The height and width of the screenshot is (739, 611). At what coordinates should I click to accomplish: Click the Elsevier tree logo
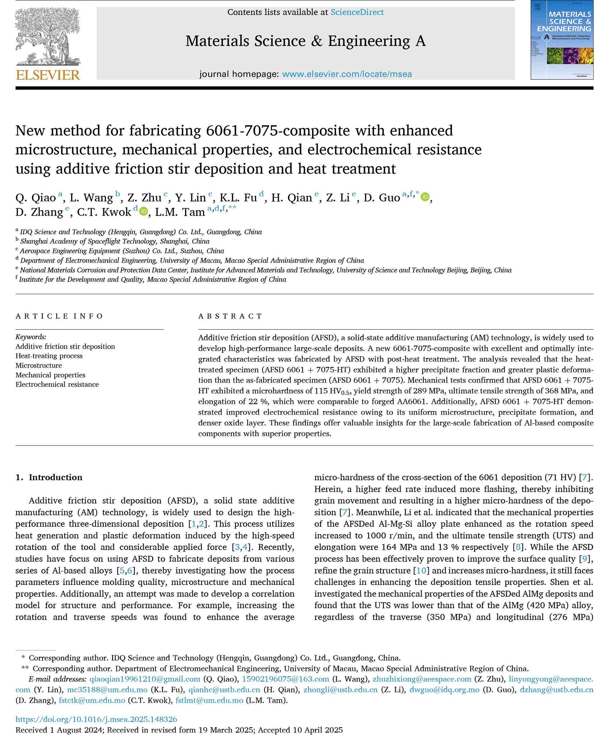click(47, 37)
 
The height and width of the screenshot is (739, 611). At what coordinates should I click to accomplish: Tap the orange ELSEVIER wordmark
click(48, 75)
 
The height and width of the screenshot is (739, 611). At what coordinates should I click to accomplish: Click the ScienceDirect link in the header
click(357, 12)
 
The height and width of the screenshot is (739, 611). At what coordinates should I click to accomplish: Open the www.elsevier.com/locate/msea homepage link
click(347, 74)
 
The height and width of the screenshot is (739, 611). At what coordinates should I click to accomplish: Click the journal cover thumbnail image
click(562, 40)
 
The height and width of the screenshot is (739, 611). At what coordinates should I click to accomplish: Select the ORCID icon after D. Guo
click(425, 197)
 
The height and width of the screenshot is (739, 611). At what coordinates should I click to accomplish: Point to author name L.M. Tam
click(180, 212)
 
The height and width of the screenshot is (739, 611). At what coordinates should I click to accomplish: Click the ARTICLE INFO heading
click(59, 316)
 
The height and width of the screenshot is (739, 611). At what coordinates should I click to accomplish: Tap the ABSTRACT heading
click(230, 316)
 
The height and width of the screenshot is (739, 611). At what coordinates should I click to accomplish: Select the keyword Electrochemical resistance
click(57, 384)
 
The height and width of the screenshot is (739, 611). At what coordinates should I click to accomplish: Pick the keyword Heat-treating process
click(49, 356)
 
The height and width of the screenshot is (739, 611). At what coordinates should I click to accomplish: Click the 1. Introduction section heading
click(49, 477)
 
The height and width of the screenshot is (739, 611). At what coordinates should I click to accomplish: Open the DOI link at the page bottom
click(96, 720)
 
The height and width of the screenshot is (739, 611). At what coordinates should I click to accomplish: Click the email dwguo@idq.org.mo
click(445, 690)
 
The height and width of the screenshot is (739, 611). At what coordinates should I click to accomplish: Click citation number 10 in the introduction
click(421, 570)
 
